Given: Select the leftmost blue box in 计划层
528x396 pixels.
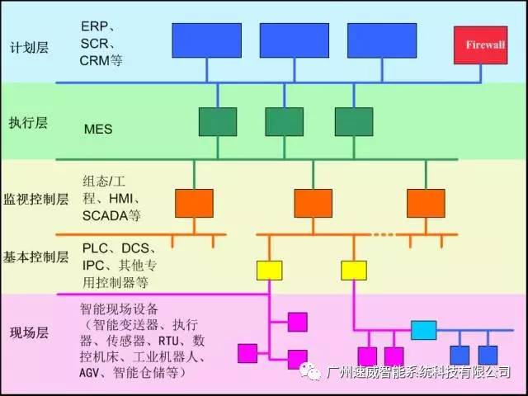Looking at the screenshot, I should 206,40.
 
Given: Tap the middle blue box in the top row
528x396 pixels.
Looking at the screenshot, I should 294,40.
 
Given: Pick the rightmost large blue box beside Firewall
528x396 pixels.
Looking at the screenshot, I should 381,40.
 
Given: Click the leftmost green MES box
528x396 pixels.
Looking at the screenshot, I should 218,121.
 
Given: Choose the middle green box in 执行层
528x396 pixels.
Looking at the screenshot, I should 284,121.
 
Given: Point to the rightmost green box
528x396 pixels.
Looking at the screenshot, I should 354,121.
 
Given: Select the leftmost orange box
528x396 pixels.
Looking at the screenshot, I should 194,203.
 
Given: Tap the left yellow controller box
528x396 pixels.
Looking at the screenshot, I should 269,270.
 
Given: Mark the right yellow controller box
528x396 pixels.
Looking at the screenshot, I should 354,270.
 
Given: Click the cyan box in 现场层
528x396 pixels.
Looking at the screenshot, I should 424,330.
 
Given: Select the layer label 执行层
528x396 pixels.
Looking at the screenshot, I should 29,123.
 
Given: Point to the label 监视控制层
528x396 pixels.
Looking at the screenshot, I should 36,200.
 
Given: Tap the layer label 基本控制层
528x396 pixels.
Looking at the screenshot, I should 36,257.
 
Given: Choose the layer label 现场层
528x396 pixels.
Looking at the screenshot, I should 29,333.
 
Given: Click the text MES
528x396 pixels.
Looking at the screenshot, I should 98,130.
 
